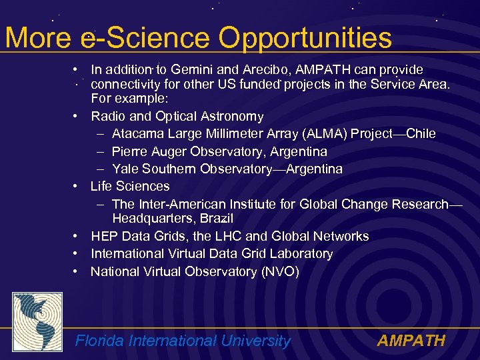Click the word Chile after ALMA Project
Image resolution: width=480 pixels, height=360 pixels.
(421, 134)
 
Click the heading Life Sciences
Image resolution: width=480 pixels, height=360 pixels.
(130, 186)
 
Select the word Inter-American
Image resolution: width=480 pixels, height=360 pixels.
(175, 204)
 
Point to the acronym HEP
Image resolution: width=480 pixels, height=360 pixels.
(105, 236)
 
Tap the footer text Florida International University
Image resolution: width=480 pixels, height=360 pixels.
(183, 341)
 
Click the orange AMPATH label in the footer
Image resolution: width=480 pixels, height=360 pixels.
(411, 341)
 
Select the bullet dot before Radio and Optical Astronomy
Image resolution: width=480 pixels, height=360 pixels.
(77, 117)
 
